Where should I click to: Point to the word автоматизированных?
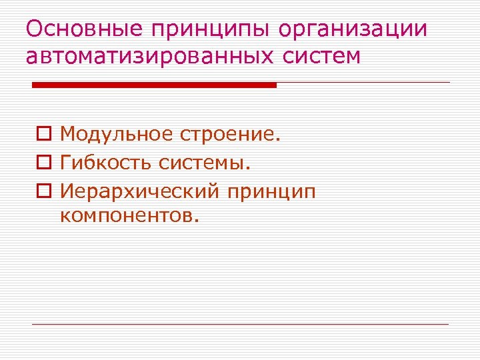(147, 56)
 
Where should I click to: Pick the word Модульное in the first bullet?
(117, 135)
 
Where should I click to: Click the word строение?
(229, 135)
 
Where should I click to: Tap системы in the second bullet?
(215, 163)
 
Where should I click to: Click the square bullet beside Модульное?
(43, 135)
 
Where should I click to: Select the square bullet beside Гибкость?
(43, 163)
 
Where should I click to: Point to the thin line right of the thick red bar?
(363, 83)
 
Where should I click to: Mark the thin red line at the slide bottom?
(240, 325)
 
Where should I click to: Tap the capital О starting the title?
(33, 30)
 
